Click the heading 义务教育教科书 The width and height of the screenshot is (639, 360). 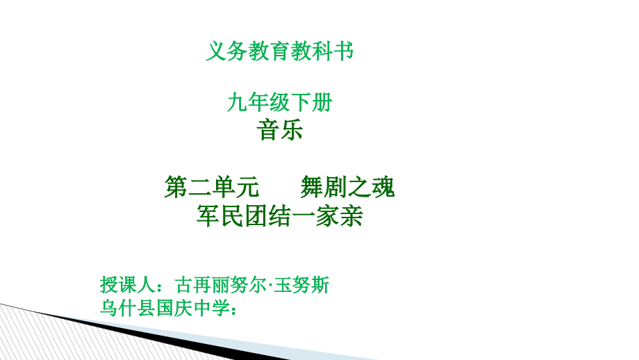(x=280, y=51)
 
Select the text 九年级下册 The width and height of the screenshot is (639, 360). (x=280, y=103)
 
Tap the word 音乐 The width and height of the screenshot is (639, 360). (x=280, y=130)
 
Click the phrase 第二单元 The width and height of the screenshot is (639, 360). (x=211, y=187)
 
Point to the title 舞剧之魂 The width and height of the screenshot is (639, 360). (x=347, y=187)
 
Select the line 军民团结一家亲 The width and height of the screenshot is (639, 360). (x=280, y=217)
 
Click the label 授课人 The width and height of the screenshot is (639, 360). (x=127, y=286)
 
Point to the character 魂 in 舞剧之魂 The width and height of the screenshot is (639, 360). (x=383, y=187)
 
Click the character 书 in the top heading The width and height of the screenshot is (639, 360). (x=343, y=51)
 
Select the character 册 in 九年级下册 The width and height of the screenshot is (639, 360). (x=322, y=103)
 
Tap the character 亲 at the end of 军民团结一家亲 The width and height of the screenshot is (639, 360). (x=351, y=217)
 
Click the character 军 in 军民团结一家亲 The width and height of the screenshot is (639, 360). (x=209, y=217)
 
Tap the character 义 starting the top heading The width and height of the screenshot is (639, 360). (x=217, y=51)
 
